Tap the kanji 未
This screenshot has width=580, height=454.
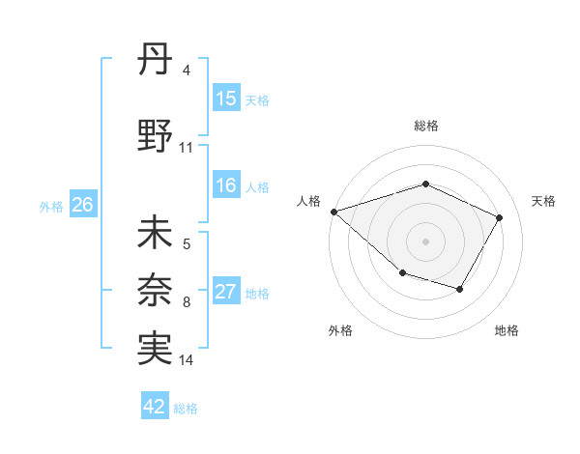tap(156, 234)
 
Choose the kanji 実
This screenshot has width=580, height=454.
tap(156, 349)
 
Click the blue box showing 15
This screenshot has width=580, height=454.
tap(226, 98)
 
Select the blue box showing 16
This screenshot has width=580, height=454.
tap(226, 185)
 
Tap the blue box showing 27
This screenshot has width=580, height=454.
tap(226, 292)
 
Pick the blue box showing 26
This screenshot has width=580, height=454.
tap(82, 204)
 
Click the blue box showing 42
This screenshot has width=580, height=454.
tap(155, 407)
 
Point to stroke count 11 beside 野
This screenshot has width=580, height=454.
tap(187, 148)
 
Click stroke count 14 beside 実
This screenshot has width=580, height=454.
tap(187, 360)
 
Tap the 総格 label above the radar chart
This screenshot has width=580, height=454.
tap(425, 126)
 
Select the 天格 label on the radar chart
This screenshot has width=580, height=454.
tap(543, 201)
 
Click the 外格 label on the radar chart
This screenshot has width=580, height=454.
tap(340, 330)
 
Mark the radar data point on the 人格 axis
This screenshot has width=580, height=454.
tap(333, 211)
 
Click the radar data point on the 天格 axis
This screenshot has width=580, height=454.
tap(499, 217)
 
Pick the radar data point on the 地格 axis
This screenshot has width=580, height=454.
tap(460, 289)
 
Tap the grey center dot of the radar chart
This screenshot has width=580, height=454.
tap(425, 241)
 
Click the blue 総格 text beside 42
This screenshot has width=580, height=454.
tap(186, 409)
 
